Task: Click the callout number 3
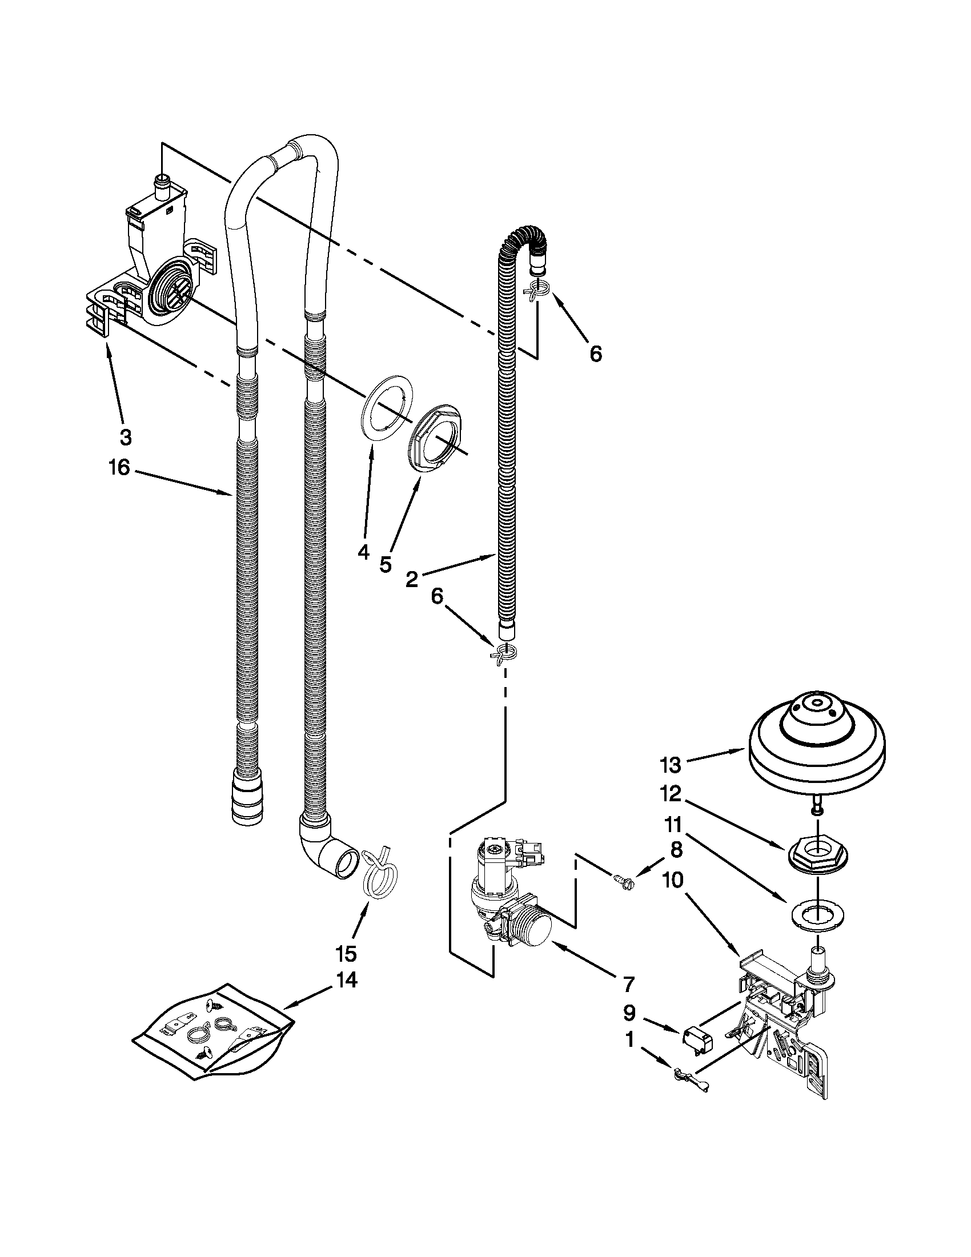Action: [x=126, y=437]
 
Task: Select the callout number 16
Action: [x=119, y=467]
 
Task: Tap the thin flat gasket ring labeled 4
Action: [x=388, y=408]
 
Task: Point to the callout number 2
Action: [x=411, y=579]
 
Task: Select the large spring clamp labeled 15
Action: [x=382, y=882]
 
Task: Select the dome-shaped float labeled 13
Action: [x=817, y=748]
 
